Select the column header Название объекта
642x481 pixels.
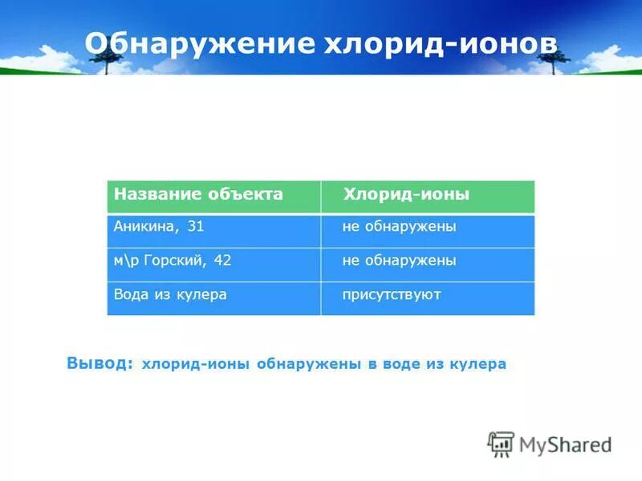[198, 195]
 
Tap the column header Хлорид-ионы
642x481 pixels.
[406, 195]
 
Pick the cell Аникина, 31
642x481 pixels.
[159, 227]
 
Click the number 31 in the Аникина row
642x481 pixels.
[195, 227]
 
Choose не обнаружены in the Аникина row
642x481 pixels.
[399, 227]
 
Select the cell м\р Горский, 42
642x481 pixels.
[172, 261]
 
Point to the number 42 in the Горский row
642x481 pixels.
[222, 261]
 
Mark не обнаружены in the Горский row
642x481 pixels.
[399, 261]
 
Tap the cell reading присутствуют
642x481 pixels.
[392, 294]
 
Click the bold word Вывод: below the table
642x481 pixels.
[100, 363]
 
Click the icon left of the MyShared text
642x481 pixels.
[501, 444]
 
